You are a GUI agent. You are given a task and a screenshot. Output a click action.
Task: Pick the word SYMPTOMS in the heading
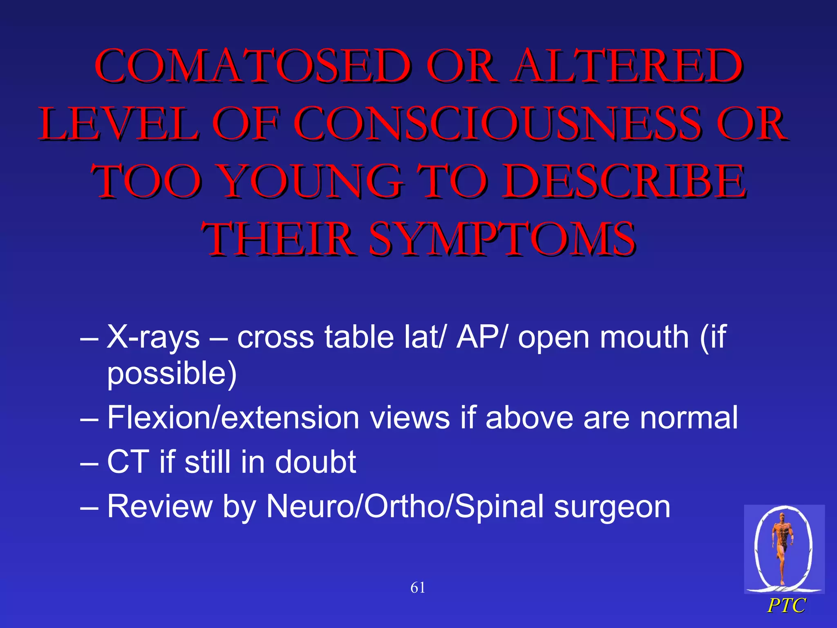tap(502, 239)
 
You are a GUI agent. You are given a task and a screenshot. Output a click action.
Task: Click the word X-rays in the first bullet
tap(153, 338)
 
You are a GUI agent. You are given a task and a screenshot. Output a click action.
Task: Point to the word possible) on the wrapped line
tap(172, 374)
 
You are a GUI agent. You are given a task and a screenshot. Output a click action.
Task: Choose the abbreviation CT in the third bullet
tap(128, 462)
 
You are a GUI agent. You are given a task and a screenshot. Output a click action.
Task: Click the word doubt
tap(316, 462)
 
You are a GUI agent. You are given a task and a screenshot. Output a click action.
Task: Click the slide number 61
tap(418, 588)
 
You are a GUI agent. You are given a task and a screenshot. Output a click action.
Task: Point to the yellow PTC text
tap(786, 606)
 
